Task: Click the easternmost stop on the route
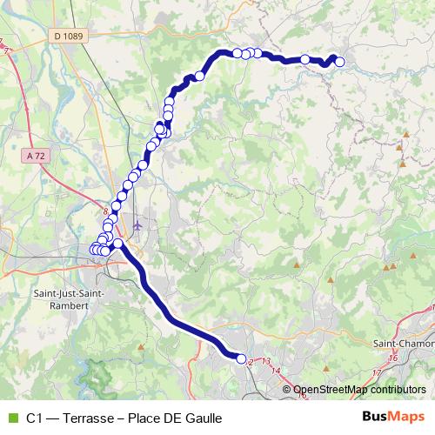(339, 62)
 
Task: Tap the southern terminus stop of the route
(242, 358)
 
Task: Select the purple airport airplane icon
(137, 225)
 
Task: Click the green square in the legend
(11, 418)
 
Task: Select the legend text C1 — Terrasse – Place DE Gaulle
(124, 418)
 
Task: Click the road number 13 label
(265, 360)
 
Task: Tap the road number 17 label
(378, 372)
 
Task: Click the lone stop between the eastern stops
(305, 59)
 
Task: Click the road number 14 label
(276, 371)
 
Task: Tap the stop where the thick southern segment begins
(117, 244)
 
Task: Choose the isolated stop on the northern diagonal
(199, 76)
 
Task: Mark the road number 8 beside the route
(107, 211)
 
